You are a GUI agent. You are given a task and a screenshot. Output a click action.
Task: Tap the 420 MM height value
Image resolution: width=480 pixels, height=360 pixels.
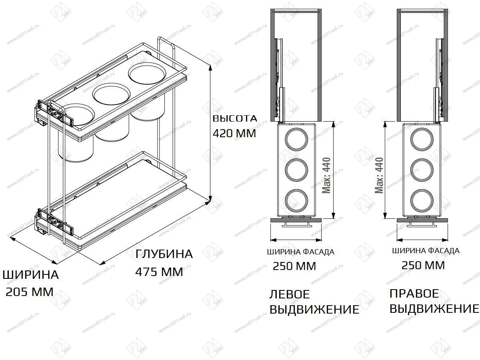234,133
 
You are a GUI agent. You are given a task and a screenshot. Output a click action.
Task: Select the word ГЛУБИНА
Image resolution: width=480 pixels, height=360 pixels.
164,254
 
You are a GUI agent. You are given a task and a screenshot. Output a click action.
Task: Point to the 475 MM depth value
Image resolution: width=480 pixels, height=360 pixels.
159,272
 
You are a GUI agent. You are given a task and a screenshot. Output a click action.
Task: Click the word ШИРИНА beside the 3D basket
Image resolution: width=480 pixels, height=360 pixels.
31,275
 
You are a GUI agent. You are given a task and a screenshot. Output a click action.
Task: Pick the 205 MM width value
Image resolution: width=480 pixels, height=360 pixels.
30,292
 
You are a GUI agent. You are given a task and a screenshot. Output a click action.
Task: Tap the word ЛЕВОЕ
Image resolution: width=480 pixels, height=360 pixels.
290,294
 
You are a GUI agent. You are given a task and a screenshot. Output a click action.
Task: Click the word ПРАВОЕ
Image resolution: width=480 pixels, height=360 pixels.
414,294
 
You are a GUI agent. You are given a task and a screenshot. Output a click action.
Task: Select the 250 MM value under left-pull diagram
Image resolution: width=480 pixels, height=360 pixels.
294,266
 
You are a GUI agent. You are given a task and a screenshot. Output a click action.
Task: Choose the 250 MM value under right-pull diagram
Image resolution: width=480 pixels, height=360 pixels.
423,265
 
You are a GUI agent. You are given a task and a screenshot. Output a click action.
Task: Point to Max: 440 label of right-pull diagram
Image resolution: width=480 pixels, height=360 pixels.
379,175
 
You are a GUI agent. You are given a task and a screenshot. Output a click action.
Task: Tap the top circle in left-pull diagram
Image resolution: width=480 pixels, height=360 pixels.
296,140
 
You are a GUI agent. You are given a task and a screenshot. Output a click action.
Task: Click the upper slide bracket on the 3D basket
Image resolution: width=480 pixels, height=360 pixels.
55,112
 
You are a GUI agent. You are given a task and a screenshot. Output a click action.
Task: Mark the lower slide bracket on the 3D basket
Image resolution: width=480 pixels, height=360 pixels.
55,221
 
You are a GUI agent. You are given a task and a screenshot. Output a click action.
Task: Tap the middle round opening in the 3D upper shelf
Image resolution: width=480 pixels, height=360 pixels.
111,95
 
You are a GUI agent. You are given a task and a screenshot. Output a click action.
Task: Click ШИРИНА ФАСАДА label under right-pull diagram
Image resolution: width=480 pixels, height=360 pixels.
426,251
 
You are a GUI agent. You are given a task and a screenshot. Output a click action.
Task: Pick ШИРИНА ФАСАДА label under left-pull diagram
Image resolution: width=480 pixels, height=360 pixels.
300,252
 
